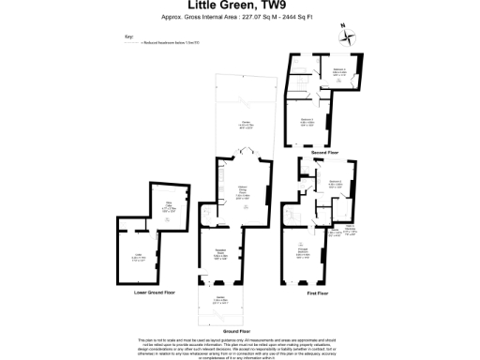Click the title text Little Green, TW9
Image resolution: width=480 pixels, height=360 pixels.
[239, 9]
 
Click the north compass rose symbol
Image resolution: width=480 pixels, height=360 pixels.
[350, 37]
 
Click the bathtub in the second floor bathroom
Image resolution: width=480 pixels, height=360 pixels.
[347, 82]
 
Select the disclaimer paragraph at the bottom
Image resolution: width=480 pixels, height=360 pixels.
[239, 346]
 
